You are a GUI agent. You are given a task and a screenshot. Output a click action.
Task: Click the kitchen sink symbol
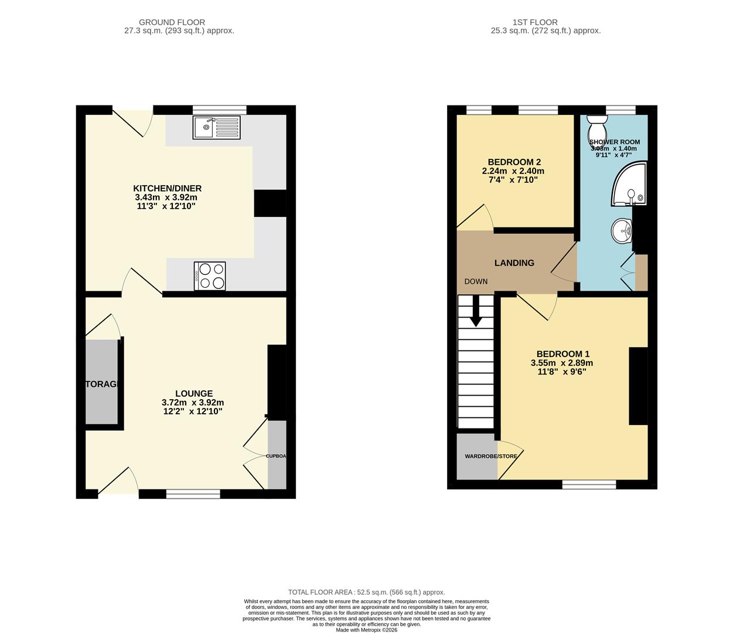216,127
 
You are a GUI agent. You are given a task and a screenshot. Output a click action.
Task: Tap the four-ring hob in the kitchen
210,275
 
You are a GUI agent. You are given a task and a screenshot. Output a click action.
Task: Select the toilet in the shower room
598,125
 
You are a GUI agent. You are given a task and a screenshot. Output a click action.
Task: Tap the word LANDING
514,263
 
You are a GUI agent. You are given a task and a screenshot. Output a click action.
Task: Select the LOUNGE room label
194,393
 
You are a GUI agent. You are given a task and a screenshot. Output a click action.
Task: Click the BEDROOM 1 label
562,354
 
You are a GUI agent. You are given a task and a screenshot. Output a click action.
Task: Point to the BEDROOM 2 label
514,162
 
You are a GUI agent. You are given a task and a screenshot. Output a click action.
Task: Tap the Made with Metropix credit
366,630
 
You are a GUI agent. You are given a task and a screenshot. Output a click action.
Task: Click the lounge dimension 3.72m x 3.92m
193,403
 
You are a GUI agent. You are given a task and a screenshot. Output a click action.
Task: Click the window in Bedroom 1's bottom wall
589,484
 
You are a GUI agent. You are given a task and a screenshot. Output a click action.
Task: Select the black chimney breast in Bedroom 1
638,386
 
